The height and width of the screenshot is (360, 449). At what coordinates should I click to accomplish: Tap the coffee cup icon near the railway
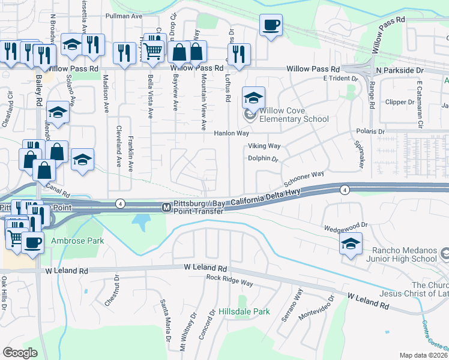(271, 25)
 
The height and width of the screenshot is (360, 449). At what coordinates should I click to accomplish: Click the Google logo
(20, 352)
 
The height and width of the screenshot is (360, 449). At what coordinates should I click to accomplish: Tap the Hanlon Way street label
(232, 133)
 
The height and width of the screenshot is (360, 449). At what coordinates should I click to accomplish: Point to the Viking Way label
(264, 146)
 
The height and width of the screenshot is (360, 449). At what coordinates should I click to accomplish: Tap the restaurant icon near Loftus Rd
(240, 53)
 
